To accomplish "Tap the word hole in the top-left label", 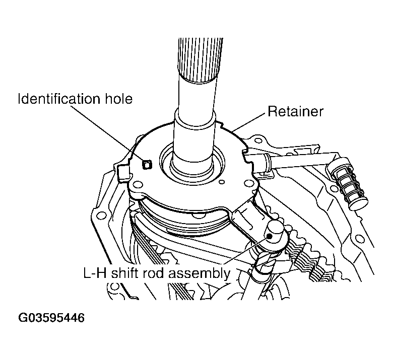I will pyautogui.click(x=120, y=98).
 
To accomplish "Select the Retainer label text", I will pyautogui.click(x=295, y=111).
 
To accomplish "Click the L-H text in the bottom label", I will pyautogui.click(x=95, y=273).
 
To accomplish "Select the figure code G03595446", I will pyautogui.click(x=51, y=318).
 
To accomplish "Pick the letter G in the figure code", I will pyautogui.click(x=23, y=318).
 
